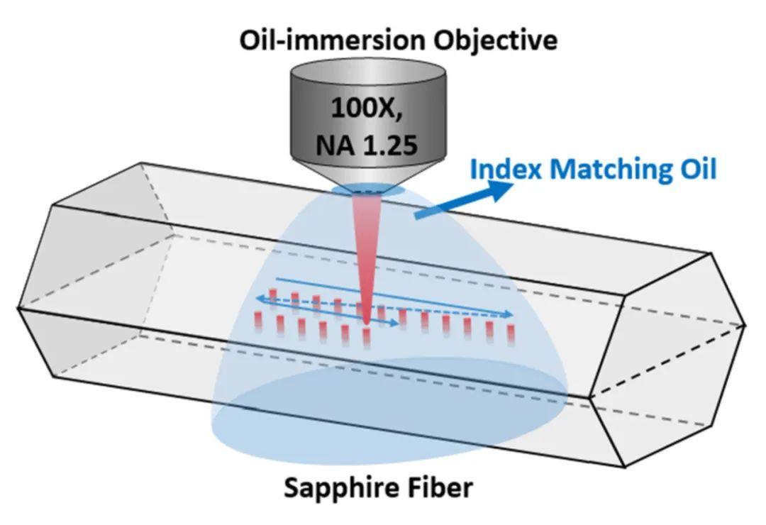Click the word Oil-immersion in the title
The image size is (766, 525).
332,39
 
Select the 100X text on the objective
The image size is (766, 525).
367,108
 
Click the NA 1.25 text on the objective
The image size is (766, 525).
367,144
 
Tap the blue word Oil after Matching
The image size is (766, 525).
701,169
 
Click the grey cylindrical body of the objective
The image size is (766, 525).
368,117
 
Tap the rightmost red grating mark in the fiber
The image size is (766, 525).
511,336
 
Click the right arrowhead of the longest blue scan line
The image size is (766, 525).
508,314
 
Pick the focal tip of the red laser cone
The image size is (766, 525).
367,323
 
